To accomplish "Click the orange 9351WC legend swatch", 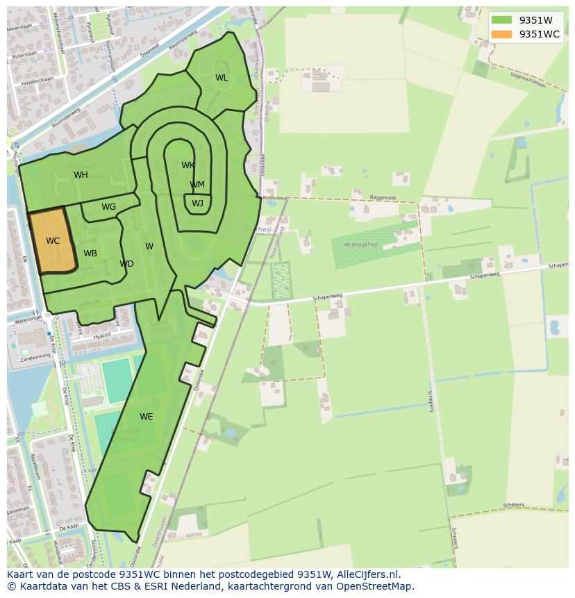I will coord(501,34).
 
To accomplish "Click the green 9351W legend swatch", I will coord(501,20).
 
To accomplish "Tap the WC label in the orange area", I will coord(53,241).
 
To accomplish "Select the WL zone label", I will coord(222,78).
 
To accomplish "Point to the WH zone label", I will coord(81,175).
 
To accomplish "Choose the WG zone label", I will coord(108,207).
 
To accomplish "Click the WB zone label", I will coord(90,254).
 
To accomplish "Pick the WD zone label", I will coord(126,264).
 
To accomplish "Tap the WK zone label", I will coord(187,165).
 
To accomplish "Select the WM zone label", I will coord(197,185).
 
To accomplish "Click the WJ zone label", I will coord(197,204).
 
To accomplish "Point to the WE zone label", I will coord(146,417).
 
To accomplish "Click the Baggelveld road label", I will coord(382,197).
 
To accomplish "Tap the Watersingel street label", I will coord(24,319).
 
